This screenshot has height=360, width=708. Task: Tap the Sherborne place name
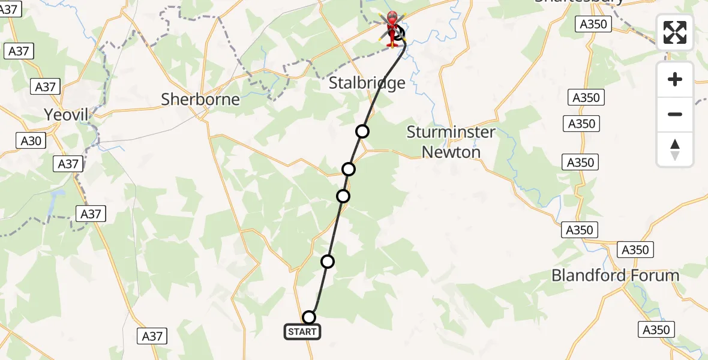pyautogui.click(x=200, y=100)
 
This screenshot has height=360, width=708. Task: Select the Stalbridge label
pyautogui.click(x=367, y=83)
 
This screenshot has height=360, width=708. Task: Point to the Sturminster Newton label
pyautogui.click(x=451, y=142)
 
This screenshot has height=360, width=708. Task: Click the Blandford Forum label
pyautogui.click(x=615, y=276)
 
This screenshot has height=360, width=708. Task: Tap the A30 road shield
pyautogui.click(x=32, y=140)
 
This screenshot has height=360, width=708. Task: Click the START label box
pyautogui.click(x=302, y=332)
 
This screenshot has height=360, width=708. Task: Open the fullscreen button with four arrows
pyautogui.click(x=675, y=32)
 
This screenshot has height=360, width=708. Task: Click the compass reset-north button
pyautogui.click(x=675, y=149)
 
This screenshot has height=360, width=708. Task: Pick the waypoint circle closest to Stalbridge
pyautogui.click(x=362, y=131)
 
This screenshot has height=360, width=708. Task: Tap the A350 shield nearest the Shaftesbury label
pyautogui.click(x=594, y=25)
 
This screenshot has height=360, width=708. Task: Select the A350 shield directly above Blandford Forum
pyautogui.click(x=635, y=250)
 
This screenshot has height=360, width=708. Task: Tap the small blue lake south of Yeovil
pyautogui.click(x=58, y=195)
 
